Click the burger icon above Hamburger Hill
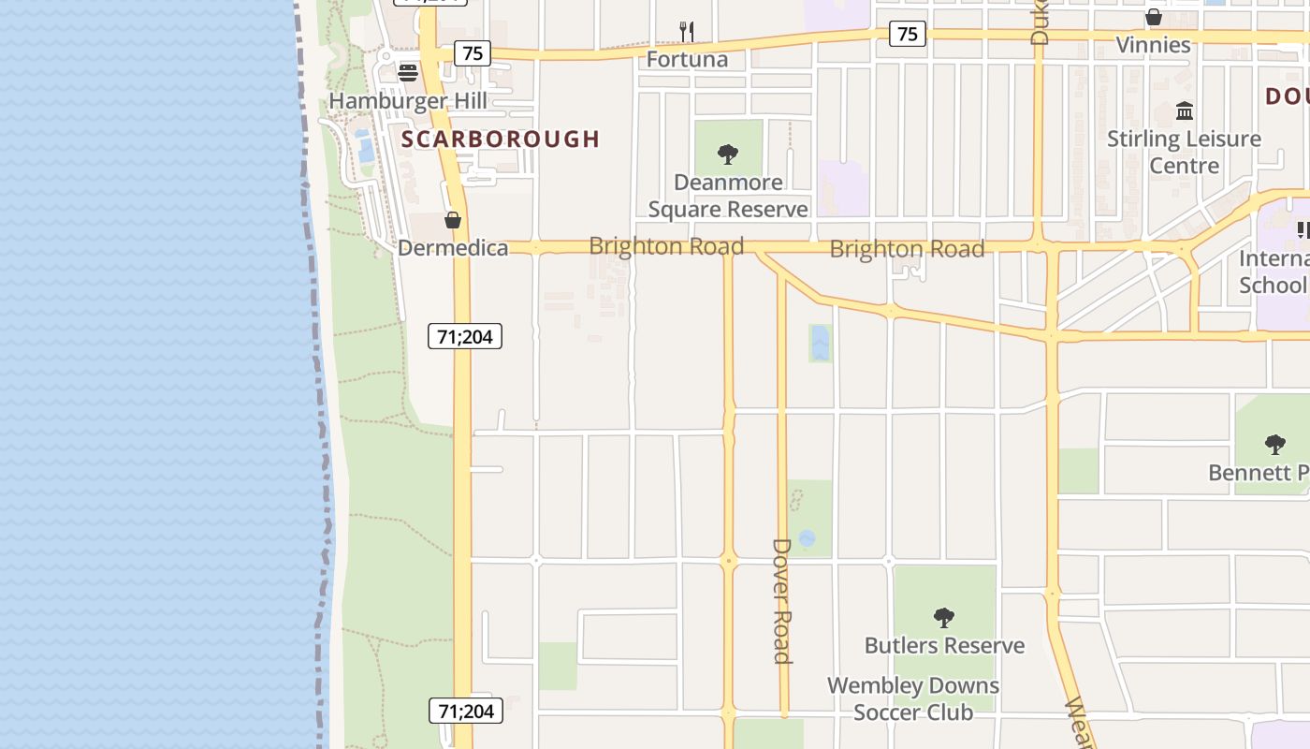tap(407, 72)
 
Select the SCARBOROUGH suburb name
tap(501, 140)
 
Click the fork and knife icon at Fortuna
tap(687, 32)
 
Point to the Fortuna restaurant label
tap(687, 59)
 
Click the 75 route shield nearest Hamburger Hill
tap(473, 53)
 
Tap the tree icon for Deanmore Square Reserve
tap(727, 154)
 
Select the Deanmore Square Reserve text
tap(728, 196)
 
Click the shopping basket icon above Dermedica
tap(453, 220)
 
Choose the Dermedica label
tap(453, 248)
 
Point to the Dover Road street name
tap(782, 600)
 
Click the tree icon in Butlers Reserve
tap(943, 617)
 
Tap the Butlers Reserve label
tap(944, 645)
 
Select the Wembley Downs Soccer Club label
tap(913, 698)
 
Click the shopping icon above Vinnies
tap(1154, 17)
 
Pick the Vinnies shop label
tap(1153, 44)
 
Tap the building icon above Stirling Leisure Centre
tap(1185, 111)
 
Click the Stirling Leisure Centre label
tap(1184, 153)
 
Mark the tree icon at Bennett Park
tap(1274, 444)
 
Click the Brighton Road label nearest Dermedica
tap(666, 246)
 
